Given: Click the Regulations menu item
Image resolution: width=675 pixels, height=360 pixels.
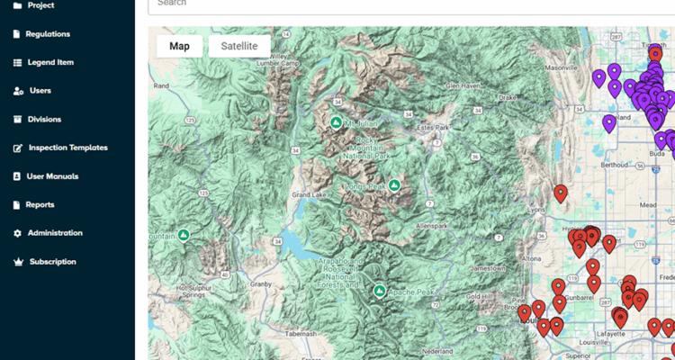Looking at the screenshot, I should pos(48,34).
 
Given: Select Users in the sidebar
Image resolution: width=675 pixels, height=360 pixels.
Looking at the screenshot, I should pos(40,91).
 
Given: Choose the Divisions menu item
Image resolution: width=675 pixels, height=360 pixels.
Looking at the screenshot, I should pos(44,119).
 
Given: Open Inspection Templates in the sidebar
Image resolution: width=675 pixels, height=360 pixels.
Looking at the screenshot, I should pos(67,148).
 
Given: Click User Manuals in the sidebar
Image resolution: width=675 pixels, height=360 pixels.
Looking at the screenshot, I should pos(52,176).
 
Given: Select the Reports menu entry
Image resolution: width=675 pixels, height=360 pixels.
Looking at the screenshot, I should pos(40,205).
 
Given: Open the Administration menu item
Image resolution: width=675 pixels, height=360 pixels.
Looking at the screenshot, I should pos(55,233).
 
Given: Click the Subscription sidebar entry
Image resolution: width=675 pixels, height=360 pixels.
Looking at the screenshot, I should pos(52,262).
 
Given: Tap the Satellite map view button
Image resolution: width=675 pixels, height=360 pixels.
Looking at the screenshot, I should pos(239,46).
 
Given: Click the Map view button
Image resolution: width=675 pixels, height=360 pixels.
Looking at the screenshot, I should pos(179,46).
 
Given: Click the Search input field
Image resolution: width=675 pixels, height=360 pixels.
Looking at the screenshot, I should pos(405,4).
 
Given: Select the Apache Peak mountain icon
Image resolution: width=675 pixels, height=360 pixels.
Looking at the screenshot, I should pos(380,291).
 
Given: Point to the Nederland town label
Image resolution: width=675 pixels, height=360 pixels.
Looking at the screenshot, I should pos(436,349).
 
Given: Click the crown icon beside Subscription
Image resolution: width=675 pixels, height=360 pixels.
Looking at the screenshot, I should pos(18,262).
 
